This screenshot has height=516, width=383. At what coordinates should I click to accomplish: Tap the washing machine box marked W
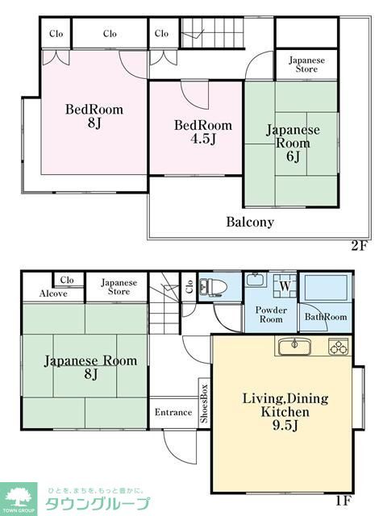tap(285, 285)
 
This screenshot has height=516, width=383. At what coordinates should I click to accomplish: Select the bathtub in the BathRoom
tap(326, 285)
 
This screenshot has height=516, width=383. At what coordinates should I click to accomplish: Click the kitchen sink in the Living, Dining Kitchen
tap(295, 347)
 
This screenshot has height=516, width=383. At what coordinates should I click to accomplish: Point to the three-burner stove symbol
tap(339, 347)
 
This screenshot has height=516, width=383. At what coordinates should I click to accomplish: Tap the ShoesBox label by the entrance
tap(204, 403)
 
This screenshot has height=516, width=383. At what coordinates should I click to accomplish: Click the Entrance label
tap(173, 412)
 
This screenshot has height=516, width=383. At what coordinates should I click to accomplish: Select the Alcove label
tap(53, 293)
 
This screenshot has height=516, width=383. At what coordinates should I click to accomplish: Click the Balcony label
tap(250, 222)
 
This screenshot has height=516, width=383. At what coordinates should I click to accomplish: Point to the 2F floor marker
tap(359, 245)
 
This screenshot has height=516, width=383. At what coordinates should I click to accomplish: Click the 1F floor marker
tap(343, 501)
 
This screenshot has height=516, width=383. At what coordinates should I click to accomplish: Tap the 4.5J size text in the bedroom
tap(203, 139)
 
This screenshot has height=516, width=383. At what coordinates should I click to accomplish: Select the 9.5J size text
tap(285, 426)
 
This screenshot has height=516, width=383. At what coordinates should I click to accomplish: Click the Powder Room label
tap(271, 314)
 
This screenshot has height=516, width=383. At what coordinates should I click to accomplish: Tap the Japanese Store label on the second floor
tap(306, 64)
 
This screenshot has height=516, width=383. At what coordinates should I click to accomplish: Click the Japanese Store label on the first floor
tap(119, 287)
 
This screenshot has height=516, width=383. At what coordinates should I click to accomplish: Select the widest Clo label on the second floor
tap(110, 33)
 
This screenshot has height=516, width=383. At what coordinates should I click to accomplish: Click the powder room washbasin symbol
tap(255, 280)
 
